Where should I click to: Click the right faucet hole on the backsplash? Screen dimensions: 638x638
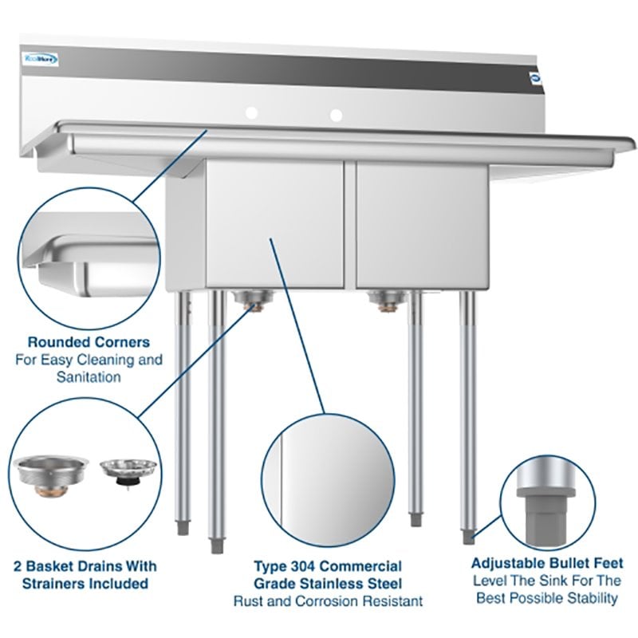[x=337, y=114]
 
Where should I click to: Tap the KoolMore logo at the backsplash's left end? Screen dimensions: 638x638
[x=34, y=57]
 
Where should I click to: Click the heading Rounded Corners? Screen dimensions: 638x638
[x=89, y=342]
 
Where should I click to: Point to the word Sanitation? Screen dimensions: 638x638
[x=89, y=376]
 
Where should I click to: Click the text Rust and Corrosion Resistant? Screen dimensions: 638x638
[x=328, y=601]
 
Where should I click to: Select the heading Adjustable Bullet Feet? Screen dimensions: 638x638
[x=547, y=563]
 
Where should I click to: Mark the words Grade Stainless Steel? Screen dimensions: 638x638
[x=328, y=583]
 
